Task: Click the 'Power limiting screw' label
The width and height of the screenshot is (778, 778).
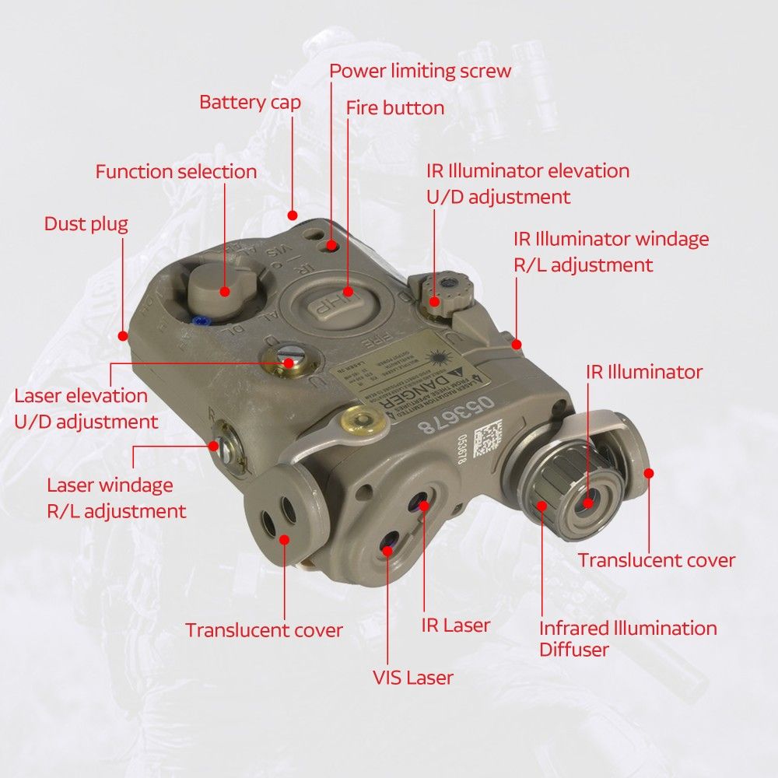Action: click(420, 71)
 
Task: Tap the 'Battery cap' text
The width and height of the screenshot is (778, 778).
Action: click(250, 102)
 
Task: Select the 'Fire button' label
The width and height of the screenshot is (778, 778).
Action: click(395, 107)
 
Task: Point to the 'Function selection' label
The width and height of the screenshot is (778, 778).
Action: click(176, 171)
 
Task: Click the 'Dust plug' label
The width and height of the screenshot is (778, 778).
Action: click(86, 224)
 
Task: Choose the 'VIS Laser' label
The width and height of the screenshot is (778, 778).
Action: click(412, 678)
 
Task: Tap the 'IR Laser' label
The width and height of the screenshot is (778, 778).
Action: click(456, 625)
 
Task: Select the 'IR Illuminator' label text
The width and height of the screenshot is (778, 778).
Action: click(644, 372)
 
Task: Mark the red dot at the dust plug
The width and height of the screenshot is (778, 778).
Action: click(122, 335)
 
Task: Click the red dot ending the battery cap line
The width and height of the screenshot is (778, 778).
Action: click(293, 215)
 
